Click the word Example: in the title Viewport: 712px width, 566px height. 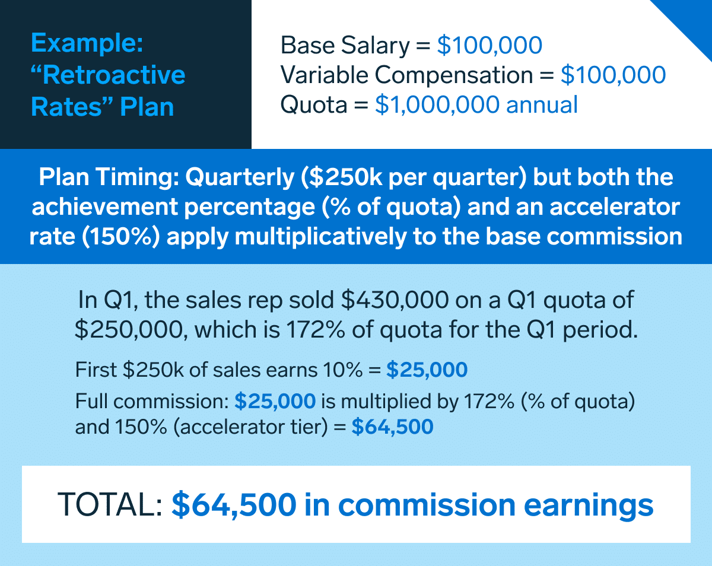pyautogui.click(x=87, y=43)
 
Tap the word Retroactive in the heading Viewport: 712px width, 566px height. pyautogui.click(x=114, y=75)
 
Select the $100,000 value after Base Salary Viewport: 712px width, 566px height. pyautogui.click(x=490, y=45)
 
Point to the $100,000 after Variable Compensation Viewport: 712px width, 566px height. pyautogui.click(x=613, y=75)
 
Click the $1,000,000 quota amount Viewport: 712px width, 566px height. pyautogui.click(x=437, y=105)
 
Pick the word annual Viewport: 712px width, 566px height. pyautogui.click(x=542, y=104)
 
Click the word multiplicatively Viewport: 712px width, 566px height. pyautogui.click(x=320, y=237)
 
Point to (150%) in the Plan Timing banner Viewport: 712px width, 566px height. pyautogui.click(x=121, y=237)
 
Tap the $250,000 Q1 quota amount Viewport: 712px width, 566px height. pyautogui.click(x=129, y=330)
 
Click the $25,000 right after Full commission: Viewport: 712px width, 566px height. pyautogui.click(x=275, y=401)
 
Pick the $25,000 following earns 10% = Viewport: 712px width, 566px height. pyautogui.click(x=427, y=369)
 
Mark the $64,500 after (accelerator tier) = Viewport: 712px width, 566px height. pyautogui.click(x=392, y=426)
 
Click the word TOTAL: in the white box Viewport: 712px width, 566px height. pyautogui.click(x=110, y=504)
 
